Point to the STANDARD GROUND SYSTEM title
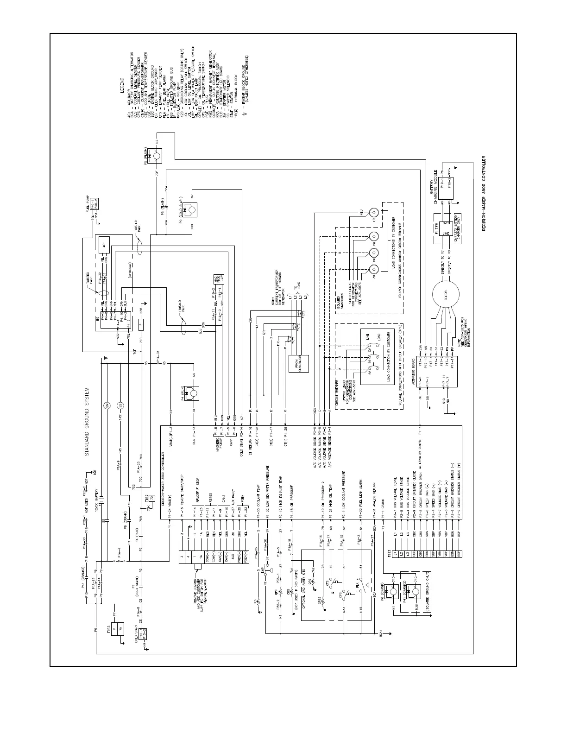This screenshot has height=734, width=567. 87,422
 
